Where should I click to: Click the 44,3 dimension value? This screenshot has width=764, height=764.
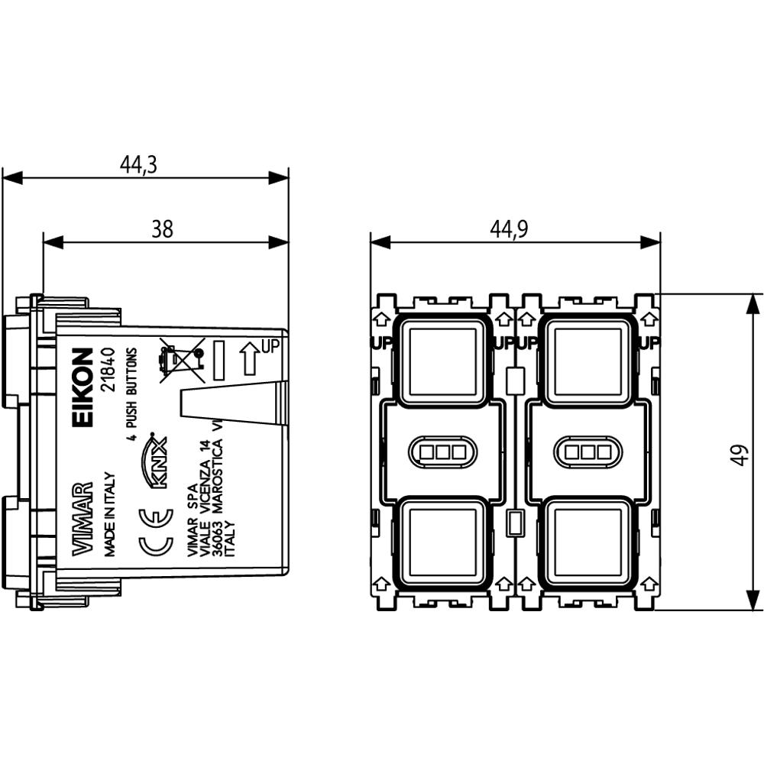(138, 164)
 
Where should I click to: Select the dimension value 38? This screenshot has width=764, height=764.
(162, 228)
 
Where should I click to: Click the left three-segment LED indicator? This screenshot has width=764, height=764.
(442, 451)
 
